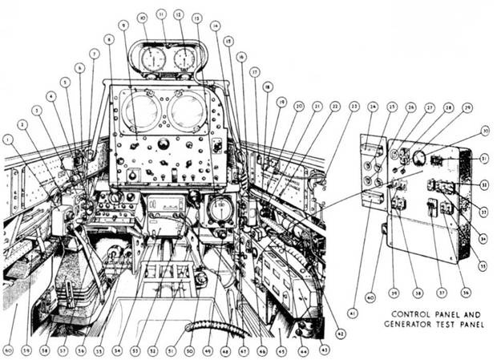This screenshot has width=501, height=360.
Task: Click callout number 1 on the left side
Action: click(9, 138)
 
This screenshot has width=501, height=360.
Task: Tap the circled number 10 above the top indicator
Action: click(142, 16)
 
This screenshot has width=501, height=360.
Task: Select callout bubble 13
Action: click(196, 17)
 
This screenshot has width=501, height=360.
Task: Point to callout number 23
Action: click(354, 105)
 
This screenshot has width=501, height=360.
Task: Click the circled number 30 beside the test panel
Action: click(485, 131)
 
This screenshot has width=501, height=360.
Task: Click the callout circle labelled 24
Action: click(373, 105)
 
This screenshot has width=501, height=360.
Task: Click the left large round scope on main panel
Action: click(139, 111)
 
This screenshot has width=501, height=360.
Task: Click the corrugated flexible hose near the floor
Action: click(212, 328)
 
